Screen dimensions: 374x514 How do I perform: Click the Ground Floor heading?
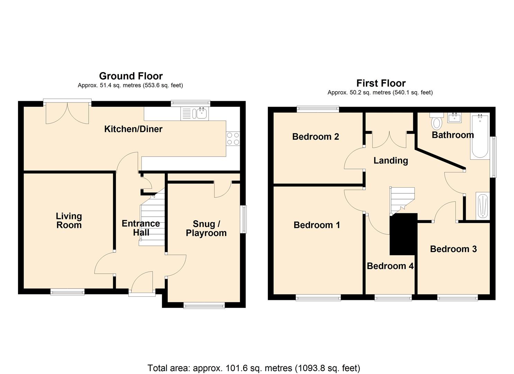tap(131, 76)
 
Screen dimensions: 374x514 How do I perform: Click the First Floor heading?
tap(381, 83)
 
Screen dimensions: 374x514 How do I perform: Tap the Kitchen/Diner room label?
tap(133, 129)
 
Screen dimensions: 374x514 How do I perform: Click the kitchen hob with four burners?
tap(233, 139)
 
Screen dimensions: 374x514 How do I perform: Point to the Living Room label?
tap(69, 221)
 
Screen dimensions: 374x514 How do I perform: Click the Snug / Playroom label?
tap(206, 229)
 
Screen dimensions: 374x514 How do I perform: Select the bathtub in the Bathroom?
tap(479, 137)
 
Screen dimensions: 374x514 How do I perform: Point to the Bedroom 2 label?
tap(315, 136)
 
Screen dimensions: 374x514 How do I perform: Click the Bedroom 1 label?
tap(316, 225)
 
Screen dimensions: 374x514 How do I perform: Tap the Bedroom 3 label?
tap(453, 249)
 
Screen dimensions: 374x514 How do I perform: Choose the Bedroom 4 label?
tap(390, 266)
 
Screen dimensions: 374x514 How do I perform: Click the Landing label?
tap(390, 161)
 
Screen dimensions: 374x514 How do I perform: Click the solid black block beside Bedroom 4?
tap(403, 234)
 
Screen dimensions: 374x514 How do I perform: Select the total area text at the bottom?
tap(254, 368)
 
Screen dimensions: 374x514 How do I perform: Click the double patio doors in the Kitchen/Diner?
tap(67, 113)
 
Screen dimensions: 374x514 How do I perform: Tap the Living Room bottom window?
tap(67, 292)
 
